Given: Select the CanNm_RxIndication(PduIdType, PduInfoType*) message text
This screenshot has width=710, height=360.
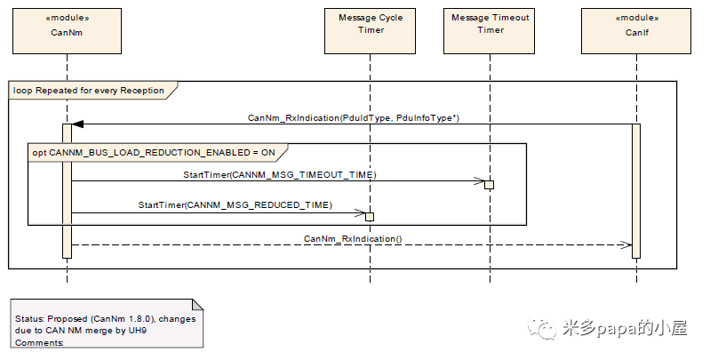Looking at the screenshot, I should tap(353, 117).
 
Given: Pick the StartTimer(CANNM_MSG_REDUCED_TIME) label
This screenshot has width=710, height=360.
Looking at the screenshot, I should tap(235, 205).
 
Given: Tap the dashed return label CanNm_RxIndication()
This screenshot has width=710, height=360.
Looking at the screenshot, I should tap(353, 238).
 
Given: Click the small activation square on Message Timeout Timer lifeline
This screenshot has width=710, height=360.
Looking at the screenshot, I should tap(489, 185).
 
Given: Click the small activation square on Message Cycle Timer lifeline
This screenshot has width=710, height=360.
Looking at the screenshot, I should tap(370, 216).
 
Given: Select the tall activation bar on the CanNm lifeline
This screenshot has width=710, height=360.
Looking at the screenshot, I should tap(68, 190).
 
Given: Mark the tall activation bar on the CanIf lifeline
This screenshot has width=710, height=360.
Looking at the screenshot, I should tap(635, 190).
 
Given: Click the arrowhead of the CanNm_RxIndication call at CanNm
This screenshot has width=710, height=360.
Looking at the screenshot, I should tap(77, 124).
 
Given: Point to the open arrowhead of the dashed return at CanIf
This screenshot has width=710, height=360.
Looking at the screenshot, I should tap(626, 245).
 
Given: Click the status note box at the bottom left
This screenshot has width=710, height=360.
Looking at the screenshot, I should tap(105, 324).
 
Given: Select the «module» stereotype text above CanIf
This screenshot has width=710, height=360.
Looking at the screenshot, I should tap(635, 18).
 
